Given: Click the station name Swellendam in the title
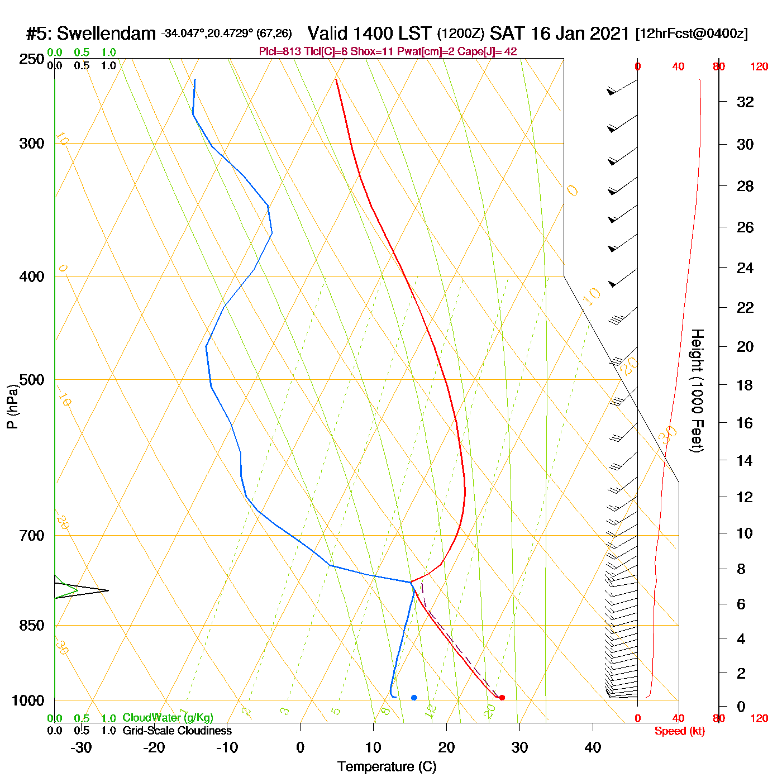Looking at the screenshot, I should pyautogui.click(x=106, y=34).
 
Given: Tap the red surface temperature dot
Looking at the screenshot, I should pyautogui.click(x=502, y=698).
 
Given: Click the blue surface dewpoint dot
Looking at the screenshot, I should pyautogui.click(x=414, y=698).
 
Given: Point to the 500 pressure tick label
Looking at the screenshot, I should pyautogui.click(x=32, y=380).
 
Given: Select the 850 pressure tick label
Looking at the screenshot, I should pyautogui.click(x=32, y=626).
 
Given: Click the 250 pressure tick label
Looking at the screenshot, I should pyautogui.click(x=32, y=59).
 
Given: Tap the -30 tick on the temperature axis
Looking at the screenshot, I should pyautogui.click(x=81, y=747).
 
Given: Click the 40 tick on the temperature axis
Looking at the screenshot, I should pyautogui.click(x=593, y=747).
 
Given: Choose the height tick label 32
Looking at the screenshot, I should pyautogui.click(x=745, y=102).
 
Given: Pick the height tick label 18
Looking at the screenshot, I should pyautogui.click(x=745, y=385).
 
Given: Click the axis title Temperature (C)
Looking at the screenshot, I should pyautogui.click(x=387, y=767).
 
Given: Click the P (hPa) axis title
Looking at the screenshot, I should pyautogui.click(x=12, y=407).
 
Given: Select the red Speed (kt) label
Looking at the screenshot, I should pyautogui.click(x=679, y=731).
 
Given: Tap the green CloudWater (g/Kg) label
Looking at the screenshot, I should pyautogui.click(x=168, y=718).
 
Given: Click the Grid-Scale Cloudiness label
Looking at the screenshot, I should pyautogui.click(x=177, y=731).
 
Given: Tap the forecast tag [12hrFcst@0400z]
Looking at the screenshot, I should pyautogui.click(x=692, y=34).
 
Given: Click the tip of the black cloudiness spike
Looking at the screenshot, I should pyautogui.click(x=108, y=590).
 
